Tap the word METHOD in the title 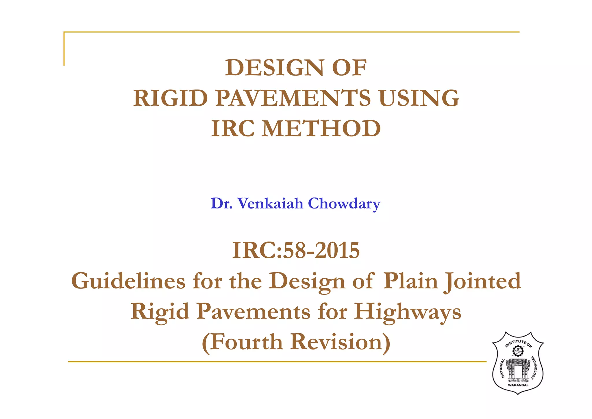321,129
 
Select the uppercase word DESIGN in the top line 275,68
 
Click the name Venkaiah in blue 270,203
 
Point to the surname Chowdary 344,204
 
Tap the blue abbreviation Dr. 221,203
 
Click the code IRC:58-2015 296,250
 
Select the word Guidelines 128,281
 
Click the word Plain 411,281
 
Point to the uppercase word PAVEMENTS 293,98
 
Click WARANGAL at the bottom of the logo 518,385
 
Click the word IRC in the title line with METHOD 233,129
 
